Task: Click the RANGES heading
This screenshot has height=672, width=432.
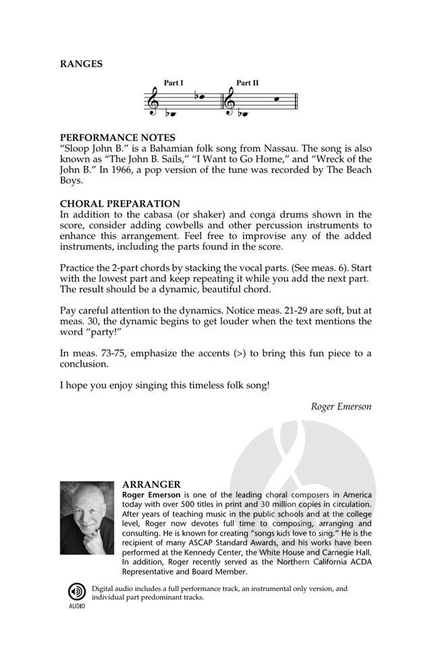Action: click(81, 64)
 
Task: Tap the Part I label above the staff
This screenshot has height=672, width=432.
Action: click(173, 83)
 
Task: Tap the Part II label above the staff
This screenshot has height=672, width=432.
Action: click(248, 83)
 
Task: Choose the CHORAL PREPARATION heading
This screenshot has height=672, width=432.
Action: click(120, 203)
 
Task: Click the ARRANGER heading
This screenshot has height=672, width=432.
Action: click(151, 484)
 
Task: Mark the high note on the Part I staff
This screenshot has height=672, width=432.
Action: click(201, 96)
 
